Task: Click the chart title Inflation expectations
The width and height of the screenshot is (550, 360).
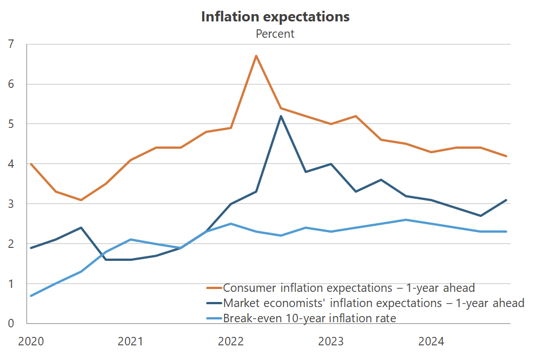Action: point(275,17)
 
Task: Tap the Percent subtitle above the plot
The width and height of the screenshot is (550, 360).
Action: point(275,34)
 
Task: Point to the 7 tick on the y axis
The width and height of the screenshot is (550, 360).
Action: point(11,44)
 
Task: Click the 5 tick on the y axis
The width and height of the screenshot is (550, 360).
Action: point(11,124)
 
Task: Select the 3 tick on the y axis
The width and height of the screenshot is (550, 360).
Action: point(11,204)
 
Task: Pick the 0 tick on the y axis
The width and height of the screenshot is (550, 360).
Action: point(11,323)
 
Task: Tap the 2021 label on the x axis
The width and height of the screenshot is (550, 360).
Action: point(130,341)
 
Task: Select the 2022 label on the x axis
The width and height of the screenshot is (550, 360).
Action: point(230,341)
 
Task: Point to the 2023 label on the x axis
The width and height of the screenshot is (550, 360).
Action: point(331,341)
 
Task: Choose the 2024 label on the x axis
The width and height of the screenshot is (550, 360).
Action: point(431,341)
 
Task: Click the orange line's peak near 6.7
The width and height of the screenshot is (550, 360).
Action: point(256,56)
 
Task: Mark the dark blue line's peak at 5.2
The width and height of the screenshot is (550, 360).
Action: point(281,116)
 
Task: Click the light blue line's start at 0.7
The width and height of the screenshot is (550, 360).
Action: point(30,296)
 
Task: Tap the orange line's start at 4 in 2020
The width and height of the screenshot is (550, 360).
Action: point(30,164)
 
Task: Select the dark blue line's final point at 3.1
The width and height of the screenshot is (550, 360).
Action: point(507,200)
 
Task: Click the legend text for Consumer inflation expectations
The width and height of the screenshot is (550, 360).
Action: point(349,288)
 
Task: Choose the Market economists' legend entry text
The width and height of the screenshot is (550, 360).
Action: point(374,303)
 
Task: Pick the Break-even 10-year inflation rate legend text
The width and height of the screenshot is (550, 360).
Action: point(310,318)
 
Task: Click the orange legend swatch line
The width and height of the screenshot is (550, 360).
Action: point(214,288)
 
